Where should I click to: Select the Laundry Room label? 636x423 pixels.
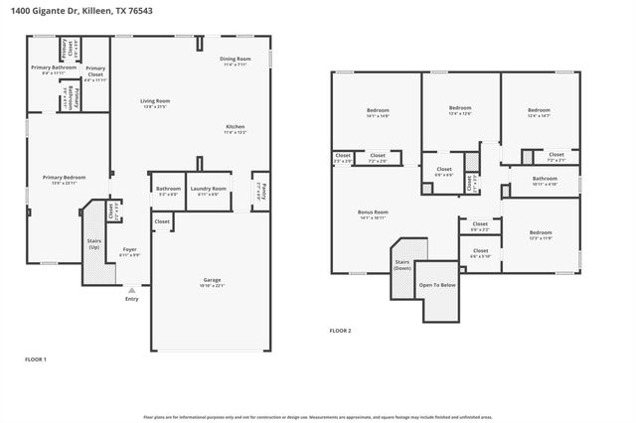point(209,189)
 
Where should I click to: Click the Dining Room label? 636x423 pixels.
point(236,61)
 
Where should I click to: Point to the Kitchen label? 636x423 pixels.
point(236,128)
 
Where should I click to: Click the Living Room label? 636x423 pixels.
point(154,102)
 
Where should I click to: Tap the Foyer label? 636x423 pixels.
point(129,251)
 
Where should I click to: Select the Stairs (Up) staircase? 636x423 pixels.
point(94,243)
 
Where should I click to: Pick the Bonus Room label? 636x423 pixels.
point(373,212)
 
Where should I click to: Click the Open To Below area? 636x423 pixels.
point(437,286)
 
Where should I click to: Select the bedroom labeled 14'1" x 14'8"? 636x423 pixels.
point(378,112)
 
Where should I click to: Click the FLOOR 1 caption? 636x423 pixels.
point(35,358)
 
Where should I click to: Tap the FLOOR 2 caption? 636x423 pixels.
point(340,331)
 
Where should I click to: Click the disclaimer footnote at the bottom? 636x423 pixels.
point(318,417)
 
